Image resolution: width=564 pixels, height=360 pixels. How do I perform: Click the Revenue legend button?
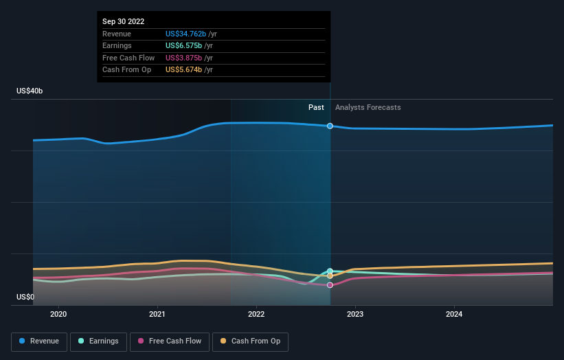(39, 341)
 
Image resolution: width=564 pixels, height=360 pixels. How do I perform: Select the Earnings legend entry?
(98, 341)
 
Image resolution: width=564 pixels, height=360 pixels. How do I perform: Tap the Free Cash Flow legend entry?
(170, 341)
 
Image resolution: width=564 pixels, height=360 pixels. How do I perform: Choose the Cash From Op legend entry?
(250, 341)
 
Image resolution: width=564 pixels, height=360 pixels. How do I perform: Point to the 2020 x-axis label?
(58, 315)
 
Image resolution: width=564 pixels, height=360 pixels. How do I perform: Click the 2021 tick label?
(157, 315)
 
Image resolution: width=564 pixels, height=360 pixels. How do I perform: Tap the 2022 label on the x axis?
(256, 315)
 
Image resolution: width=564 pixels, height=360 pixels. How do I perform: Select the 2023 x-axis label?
(355, 315)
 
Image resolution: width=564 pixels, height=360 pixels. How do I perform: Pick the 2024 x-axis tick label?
(454, 315)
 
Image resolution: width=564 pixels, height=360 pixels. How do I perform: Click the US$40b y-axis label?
(30, 91)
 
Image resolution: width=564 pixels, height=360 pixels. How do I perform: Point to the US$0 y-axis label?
(25, 297)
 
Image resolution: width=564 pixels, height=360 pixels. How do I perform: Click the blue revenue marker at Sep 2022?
(330, 126)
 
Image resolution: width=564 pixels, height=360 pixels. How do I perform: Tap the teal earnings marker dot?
(330, 271)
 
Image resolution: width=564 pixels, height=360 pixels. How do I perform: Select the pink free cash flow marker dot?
(330, 285)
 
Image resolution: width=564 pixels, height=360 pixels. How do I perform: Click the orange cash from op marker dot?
(330, 276)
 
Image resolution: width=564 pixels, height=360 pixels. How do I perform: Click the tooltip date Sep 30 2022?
(124, 21)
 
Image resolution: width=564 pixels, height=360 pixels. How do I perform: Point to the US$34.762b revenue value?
(185, 34)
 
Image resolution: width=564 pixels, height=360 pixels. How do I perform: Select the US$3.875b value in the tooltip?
(183, 58)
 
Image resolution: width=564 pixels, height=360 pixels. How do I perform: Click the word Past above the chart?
(316, 108)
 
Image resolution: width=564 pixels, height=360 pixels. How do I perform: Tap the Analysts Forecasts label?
(368, 108)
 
